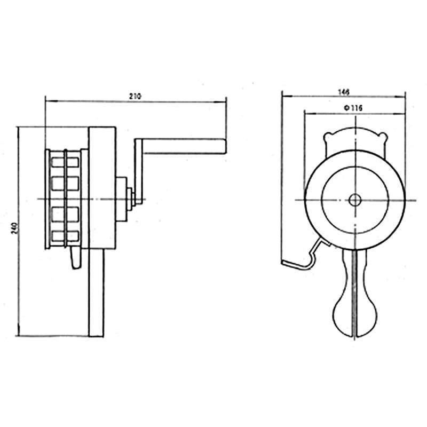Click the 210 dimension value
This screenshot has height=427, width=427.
coord(135,96)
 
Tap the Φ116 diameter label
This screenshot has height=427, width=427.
coord(354,108)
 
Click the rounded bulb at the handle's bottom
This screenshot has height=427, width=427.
coord(353,314)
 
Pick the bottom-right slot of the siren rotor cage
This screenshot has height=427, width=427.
coord(74,235)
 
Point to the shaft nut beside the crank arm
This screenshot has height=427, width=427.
coord(130,198)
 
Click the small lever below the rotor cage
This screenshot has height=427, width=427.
coord(73,260)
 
